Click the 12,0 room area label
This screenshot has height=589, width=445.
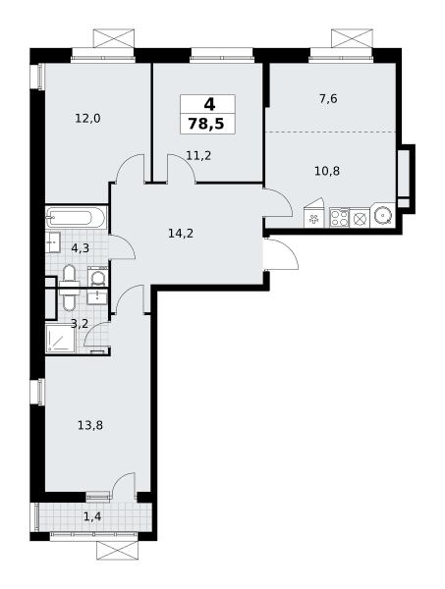88,119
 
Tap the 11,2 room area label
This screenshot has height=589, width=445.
198,155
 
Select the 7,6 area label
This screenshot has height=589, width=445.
328,99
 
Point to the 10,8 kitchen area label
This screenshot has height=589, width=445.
327,171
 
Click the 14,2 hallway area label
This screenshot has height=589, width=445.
181,234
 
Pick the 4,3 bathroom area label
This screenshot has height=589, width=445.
80,248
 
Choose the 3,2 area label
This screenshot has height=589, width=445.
80,323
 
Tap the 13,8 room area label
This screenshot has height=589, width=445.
90,426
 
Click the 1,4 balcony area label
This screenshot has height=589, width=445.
92,517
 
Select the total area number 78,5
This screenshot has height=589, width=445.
206,124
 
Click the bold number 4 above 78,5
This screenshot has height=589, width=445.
209,104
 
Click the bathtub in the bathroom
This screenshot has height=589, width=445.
77,217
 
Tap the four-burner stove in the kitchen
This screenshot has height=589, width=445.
339,217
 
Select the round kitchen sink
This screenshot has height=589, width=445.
383,216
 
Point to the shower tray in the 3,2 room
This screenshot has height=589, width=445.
60,339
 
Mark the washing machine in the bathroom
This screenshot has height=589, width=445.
97,277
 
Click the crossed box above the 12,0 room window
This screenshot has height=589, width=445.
114,38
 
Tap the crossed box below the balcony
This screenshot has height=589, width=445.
117,550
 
